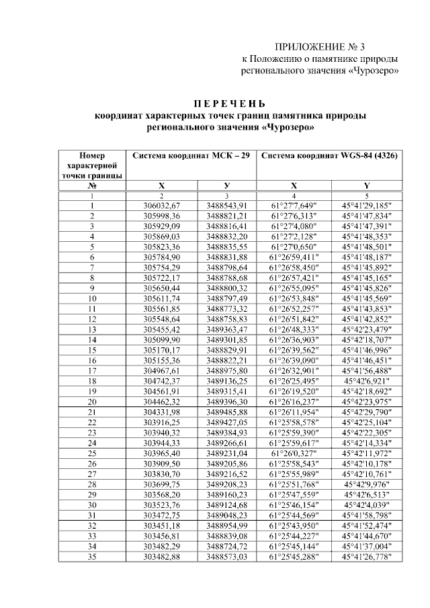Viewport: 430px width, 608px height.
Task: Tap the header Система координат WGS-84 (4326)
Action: tap(329, 155)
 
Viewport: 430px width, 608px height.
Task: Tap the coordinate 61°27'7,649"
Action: tap(295, 205)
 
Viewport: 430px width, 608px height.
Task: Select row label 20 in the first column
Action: tap(91, 401)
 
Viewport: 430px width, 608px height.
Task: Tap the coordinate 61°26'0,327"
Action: tap(295, 453)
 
